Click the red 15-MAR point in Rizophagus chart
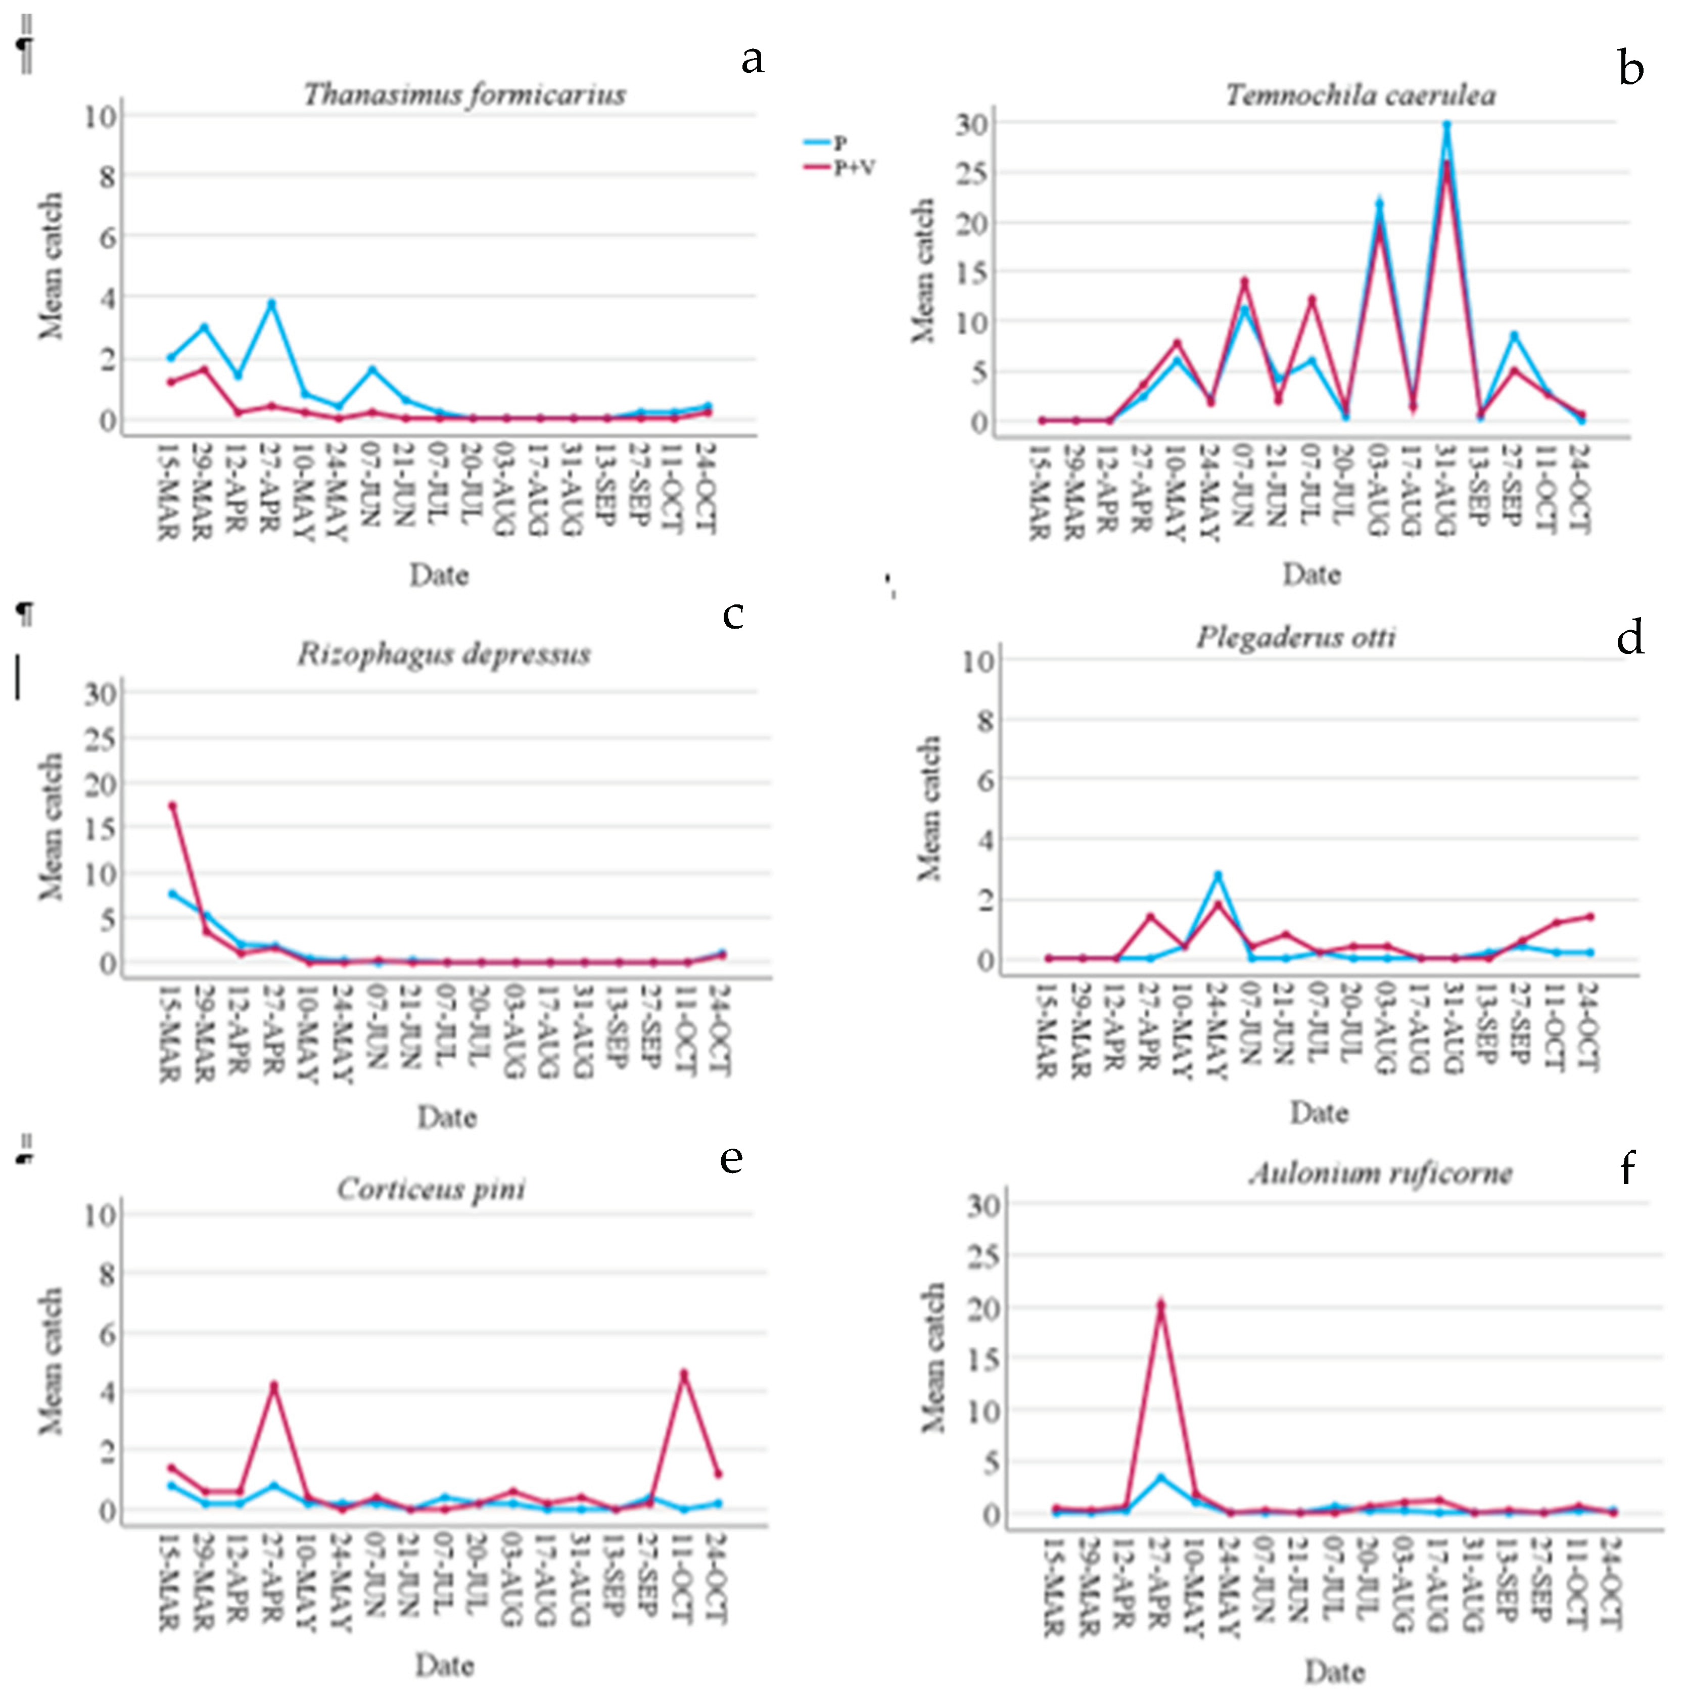click(172, 805)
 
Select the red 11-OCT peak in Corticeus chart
click(684, 1373)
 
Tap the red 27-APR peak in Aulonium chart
click(1161, 1305)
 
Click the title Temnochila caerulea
click(1361, 95)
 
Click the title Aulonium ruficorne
click(1380, 1174)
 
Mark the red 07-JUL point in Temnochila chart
click(1313, 300)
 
